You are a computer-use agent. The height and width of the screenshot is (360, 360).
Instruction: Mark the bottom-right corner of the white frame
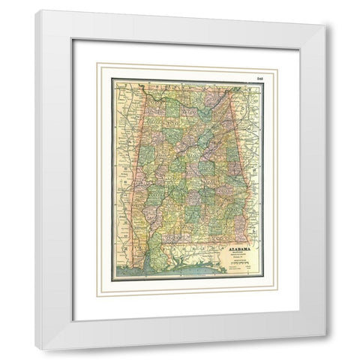tap(325, 349)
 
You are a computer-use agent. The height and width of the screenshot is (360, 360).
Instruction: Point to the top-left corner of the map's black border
tap(112, 78)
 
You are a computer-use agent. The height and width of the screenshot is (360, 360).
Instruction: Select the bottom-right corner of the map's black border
tap(262, 280)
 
